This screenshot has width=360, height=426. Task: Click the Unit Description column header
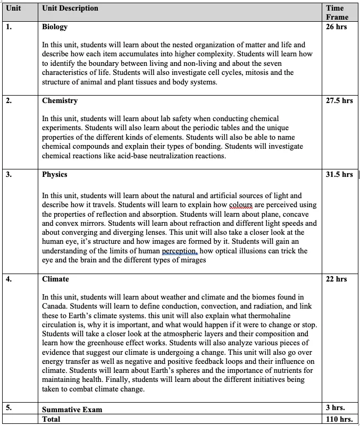tap(70, 8)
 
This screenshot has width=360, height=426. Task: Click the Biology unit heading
tap(55, 27)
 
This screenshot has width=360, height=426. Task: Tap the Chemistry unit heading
tap(60, 100)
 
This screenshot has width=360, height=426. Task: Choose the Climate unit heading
tap(56, 279)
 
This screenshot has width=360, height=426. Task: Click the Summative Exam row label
tap(72, 409)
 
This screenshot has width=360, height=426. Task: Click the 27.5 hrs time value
tap(339, 100)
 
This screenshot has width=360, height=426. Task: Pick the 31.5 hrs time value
tap(339, 174)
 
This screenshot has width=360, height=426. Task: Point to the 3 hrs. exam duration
tap(334, 408)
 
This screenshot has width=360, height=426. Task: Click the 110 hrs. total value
tap(339, 419)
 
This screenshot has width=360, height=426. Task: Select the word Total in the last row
tap(52, 419)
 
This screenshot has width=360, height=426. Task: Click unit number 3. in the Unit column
tap(10, 174)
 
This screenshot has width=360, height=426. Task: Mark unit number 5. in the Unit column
tap(10, 408)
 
